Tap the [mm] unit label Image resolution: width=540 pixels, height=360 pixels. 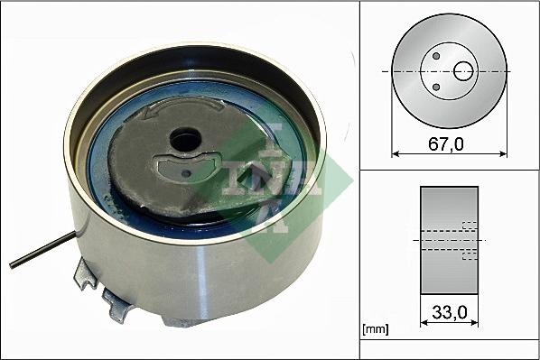pos(374,330)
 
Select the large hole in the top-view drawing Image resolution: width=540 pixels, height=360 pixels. pos(463,70)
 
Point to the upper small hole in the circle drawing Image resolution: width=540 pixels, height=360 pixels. pos(436,56)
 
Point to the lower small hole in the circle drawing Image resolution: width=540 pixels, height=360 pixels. pos(436,87)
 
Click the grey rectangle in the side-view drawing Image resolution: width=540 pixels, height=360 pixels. pos(449,240)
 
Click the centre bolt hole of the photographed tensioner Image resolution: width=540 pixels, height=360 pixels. pos(185,140)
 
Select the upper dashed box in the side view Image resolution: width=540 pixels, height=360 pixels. pos(469,226)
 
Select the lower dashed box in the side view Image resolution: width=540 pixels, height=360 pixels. pos(469,255)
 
